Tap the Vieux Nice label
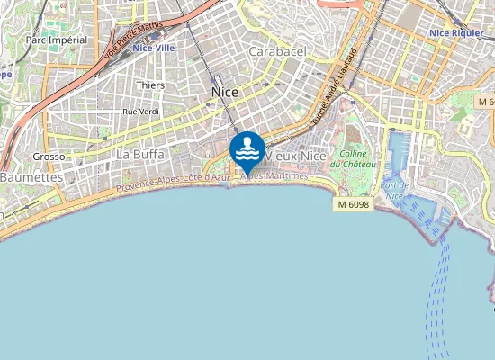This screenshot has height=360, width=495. [293, 156]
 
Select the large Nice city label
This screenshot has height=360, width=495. [224, 92]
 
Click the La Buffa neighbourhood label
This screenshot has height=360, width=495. [140, 154]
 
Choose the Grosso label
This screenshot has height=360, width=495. [49, 156]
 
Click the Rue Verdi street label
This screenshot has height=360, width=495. [140, 112]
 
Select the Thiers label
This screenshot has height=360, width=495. [149, 85]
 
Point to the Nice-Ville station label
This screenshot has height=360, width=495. [153, 48]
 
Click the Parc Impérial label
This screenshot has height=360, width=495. [57, 40]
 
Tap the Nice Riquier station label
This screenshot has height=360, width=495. [457, 33]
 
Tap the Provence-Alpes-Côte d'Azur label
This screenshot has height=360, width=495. [170, 184]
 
